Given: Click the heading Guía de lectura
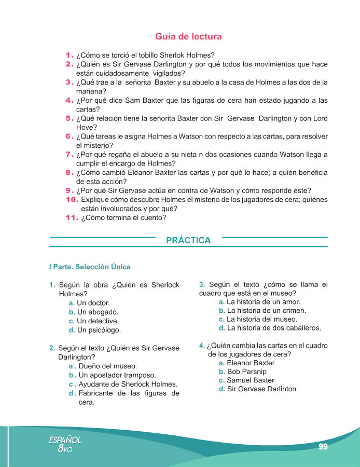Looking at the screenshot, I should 188,37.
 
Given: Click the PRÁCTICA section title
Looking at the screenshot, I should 188,240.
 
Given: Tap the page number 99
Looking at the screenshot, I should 323,446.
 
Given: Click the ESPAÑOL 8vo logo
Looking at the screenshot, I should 65,443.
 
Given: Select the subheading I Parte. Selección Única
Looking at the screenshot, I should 90,267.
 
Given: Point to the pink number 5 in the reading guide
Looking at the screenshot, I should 70,118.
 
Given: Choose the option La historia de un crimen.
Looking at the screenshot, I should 267,310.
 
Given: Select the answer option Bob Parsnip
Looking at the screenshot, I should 246,372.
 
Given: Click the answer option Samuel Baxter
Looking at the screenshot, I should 251,380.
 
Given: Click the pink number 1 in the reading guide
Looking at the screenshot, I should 70,55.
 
